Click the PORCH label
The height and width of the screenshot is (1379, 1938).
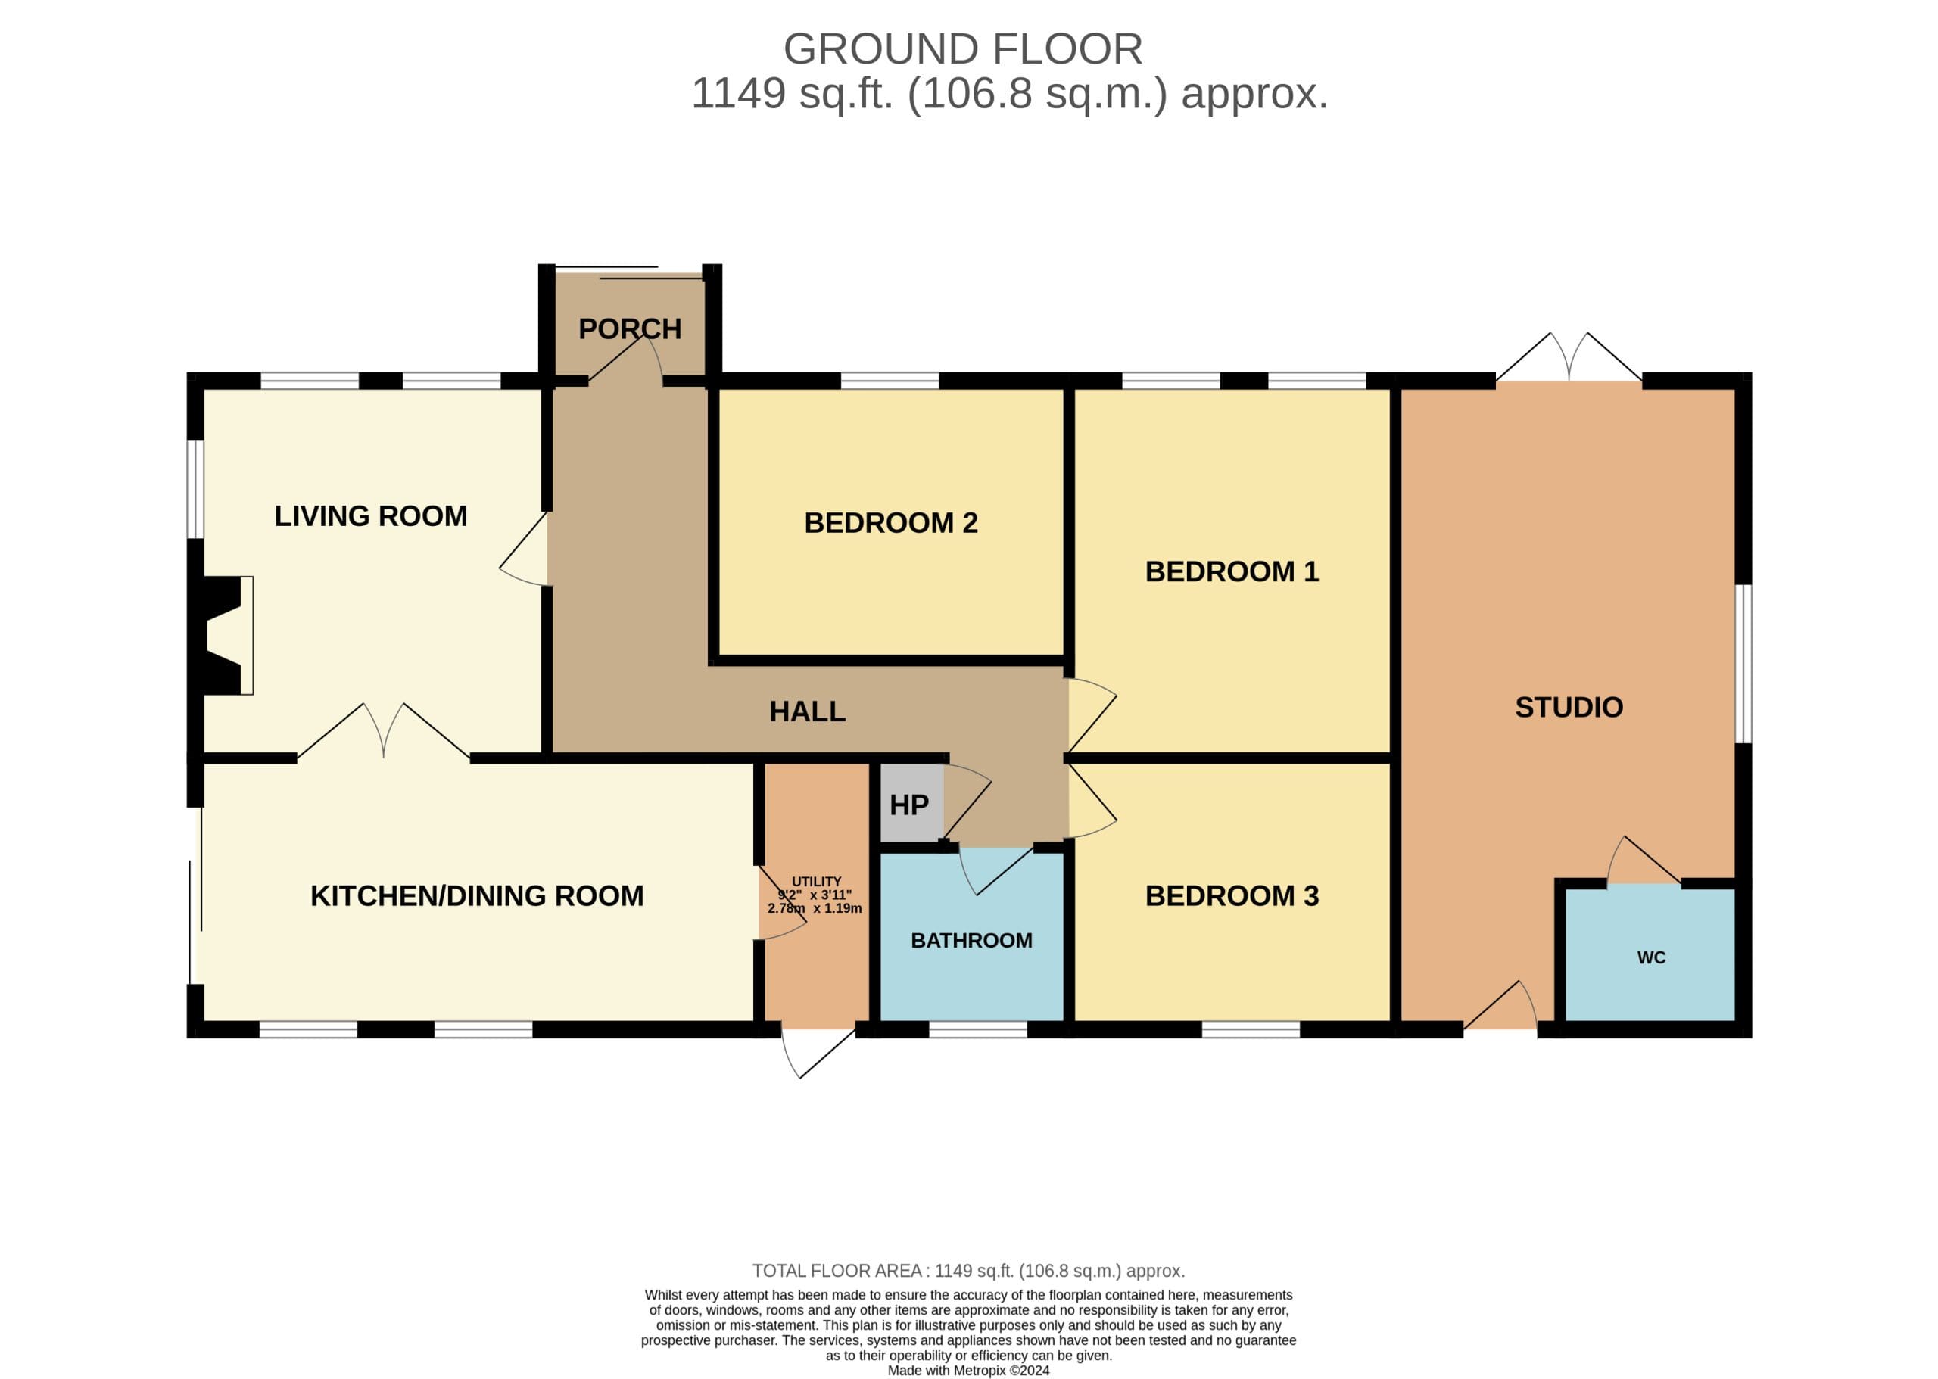click(629, 328)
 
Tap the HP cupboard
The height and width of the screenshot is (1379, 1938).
click(911, 802)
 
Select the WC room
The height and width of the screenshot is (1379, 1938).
click(1650, 954)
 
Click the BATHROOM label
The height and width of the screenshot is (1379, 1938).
click(971, 940)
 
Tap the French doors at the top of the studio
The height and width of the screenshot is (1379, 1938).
click(1568, 356)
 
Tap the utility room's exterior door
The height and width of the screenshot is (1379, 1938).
click(818, 1053)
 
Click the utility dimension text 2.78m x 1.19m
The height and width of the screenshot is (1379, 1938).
click(815, 907)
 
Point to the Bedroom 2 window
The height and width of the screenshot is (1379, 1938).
click(890, 381)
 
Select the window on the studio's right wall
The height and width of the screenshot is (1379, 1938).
click(1743, 663)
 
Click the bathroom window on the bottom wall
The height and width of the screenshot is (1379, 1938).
click(977, 1029)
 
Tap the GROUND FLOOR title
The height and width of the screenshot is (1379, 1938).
click(962, 48)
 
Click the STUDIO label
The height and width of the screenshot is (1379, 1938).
click(1569, 708)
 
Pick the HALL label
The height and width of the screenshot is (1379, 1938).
click(807, 711)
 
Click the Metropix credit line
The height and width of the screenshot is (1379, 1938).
click(968, 1370)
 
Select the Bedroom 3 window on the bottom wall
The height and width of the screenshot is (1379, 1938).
click(1250, 1029)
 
